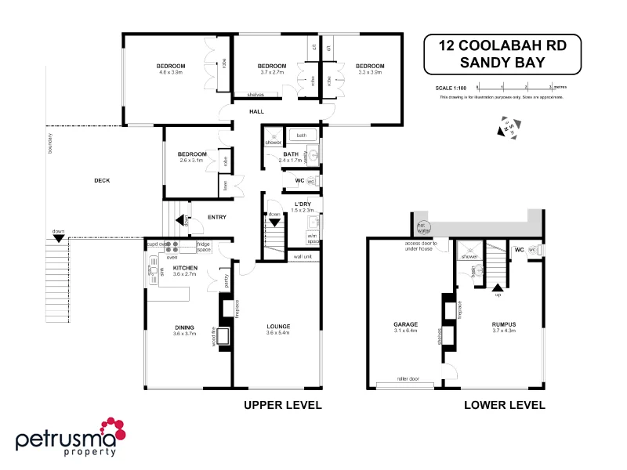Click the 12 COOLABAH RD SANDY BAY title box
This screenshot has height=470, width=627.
(x=501, y=53)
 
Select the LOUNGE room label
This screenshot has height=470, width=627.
(x=277, y=327)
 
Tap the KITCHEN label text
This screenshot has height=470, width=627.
(x=184, y=268)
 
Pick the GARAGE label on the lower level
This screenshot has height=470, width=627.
(x=404, y=324)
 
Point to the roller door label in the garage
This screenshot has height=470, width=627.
(x=408, y=379)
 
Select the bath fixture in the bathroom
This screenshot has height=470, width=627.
(x=301, y=136)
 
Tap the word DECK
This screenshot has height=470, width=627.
(x=102, y=181)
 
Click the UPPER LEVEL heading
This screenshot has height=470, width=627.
(x=283, y=405)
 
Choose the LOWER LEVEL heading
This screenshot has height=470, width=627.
(x=504, y=405)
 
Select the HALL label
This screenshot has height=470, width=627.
(x=256, y=111)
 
